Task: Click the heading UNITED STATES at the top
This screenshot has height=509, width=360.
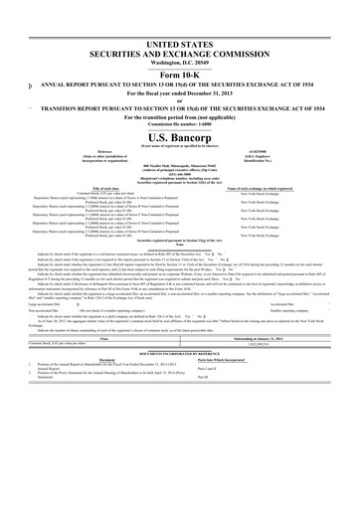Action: click(180, 34)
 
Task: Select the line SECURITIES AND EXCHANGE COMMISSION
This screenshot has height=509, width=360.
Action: click(180, 45)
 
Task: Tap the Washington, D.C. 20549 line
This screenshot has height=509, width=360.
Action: click(180, 56)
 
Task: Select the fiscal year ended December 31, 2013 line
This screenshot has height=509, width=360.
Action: click(180, 91)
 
